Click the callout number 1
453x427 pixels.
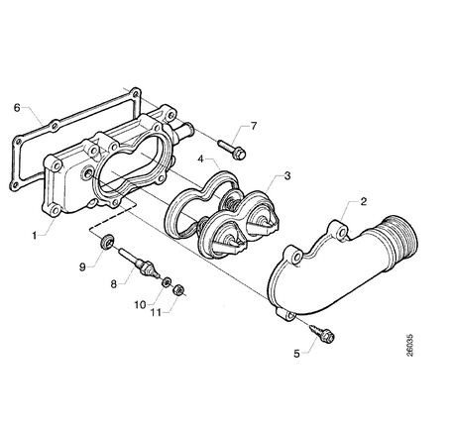[34, 236]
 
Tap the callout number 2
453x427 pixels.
[364, 201]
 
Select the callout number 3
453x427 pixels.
[287, 175]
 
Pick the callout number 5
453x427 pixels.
[296, 354]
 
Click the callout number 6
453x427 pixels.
[17, 108]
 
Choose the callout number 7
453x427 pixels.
[254, 126]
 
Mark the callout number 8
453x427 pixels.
[114, 283]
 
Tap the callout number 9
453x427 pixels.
[82, 267]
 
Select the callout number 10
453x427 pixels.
[140, 304]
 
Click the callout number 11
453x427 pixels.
[156, 312]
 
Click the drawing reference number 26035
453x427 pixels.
[409, 346]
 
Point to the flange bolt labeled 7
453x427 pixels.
[232, 150]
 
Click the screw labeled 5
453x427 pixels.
[322, 333]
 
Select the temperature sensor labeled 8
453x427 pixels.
[139, 264]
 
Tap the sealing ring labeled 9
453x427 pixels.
[107, 241]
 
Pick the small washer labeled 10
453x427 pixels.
[167, 282]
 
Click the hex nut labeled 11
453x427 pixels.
[178, 290]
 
